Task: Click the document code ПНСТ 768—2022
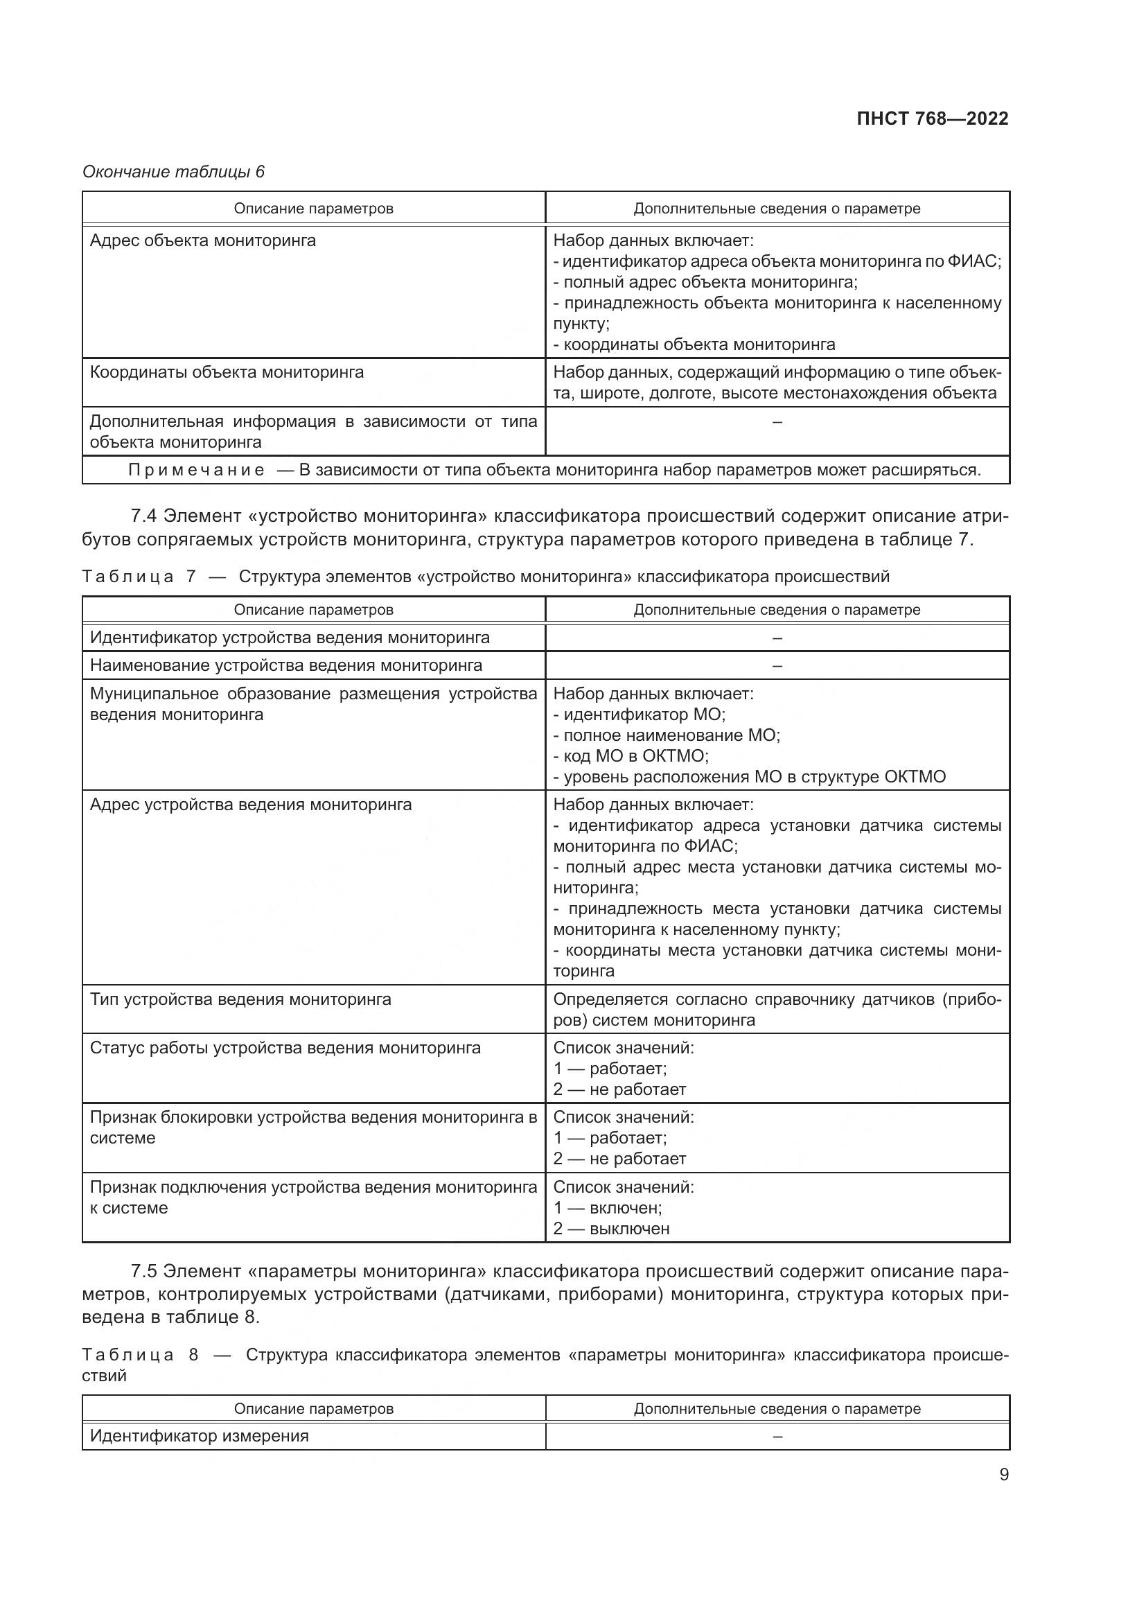[x=932, y=119]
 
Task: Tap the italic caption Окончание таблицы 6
[x=174, y=172]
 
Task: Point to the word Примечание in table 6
[x=196, y=470]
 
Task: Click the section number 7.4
[x=144, y=516]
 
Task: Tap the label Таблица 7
[x=139, y=577]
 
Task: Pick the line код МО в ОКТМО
[x=631, y=756]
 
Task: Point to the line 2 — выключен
[x=611, y=1229]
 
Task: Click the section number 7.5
[x=144, y=1272]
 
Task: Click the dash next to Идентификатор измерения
[x=777, y=1436]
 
